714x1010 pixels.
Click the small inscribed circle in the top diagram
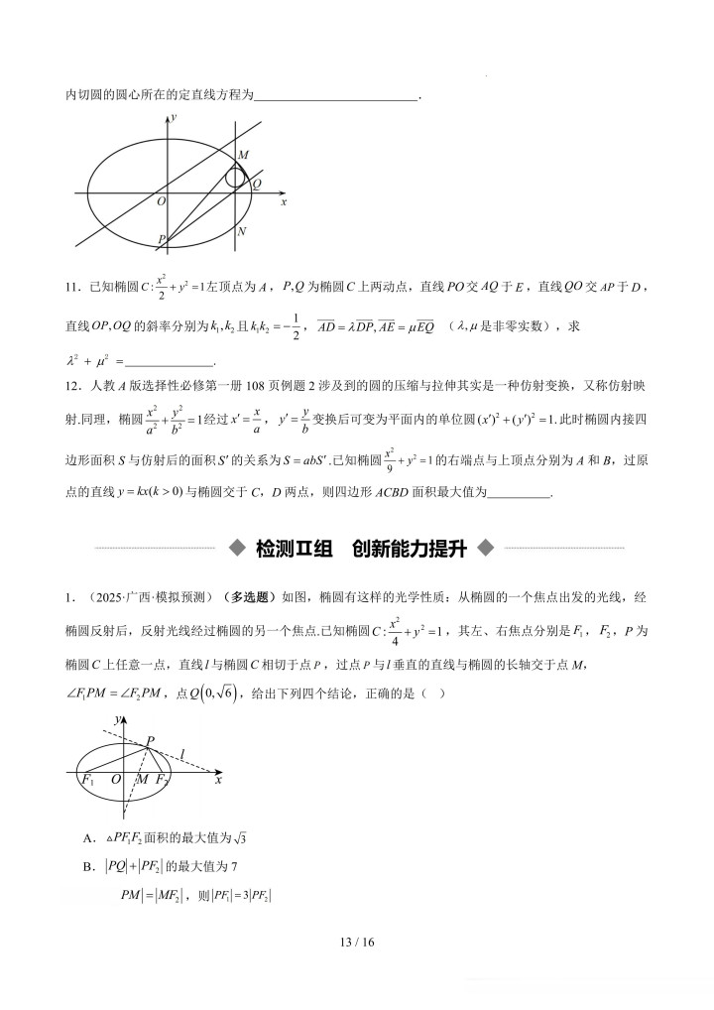235,177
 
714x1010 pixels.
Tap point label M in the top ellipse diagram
244,156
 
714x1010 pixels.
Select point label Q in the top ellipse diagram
257,185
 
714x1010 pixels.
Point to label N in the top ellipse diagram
242,231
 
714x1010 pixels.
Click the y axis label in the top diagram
174,117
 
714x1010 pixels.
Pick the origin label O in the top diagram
161,201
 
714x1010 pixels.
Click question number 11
71,288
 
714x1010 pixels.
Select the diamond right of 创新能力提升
485,548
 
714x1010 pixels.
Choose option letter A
89,841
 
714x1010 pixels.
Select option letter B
89,867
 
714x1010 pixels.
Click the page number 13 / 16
357,942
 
